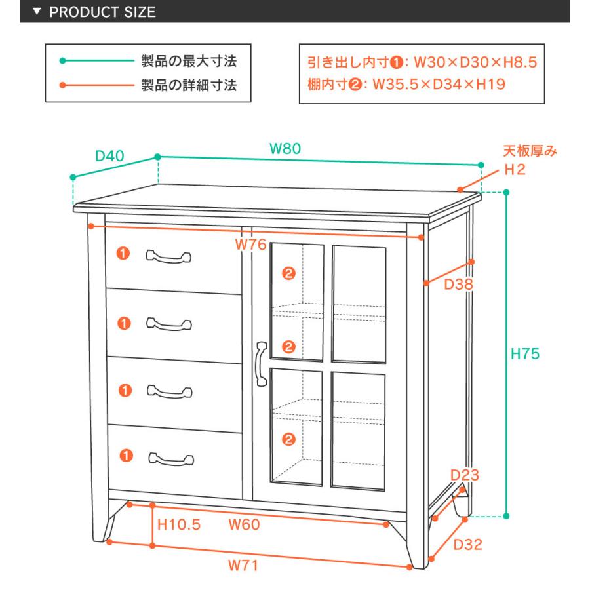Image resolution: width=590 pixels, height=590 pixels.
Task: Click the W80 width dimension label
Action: click(x=285, y=149)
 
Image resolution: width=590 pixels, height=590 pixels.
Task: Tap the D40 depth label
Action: click(x=109, y=156)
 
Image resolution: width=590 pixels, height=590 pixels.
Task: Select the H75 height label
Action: click(x=525, y=354)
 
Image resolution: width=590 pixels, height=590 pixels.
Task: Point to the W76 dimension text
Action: click(x=250, y=245)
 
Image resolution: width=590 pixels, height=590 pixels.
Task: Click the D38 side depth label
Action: click(x=458, y=284)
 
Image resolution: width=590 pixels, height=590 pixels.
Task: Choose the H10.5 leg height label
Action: click(x=179, y=524)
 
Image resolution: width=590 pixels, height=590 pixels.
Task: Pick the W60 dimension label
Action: click(x=244, y=524)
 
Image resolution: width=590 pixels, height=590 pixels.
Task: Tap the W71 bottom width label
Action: click(x=243, y=565)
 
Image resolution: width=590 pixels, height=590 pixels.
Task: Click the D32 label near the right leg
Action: click(x=467, y=545)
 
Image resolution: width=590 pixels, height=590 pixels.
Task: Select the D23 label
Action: click(x=465, y=475)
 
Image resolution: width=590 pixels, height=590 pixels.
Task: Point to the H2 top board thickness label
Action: click(x=515, y=170)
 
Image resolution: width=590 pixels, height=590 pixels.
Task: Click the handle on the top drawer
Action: click(x=168, y=256)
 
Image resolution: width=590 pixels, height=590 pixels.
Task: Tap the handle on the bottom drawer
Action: click(x=171, y=459)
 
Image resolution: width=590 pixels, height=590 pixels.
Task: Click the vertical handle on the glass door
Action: click(x=262, y=364)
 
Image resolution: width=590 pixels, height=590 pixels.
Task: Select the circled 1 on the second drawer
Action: click(x=124, y=323)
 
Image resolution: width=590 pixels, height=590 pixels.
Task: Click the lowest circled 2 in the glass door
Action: click(x=288, y=439)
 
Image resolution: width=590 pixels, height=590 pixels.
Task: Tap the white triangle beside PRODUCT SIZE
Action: click(x=37, y=11)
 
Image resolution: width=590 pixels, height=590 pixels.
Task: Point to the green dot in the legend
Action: click(x=62, y=60)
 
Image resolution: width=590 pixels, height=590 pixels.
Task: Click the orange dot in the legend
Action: click(x=62, y=85)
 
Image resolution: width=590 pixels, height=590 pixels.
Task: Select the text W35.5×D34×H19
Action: click(x=439, y=85)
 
